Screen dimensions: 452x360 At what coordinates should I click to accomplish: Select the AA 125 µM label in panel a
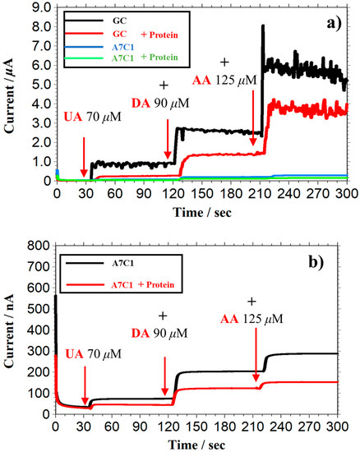point(224,81)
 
